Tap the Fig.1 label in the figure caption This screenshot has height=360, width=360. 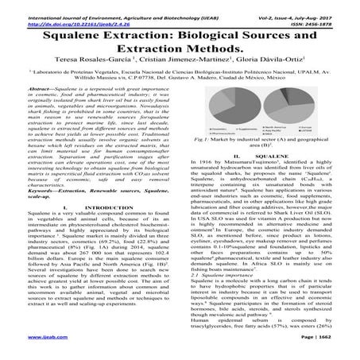point(195,161)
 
